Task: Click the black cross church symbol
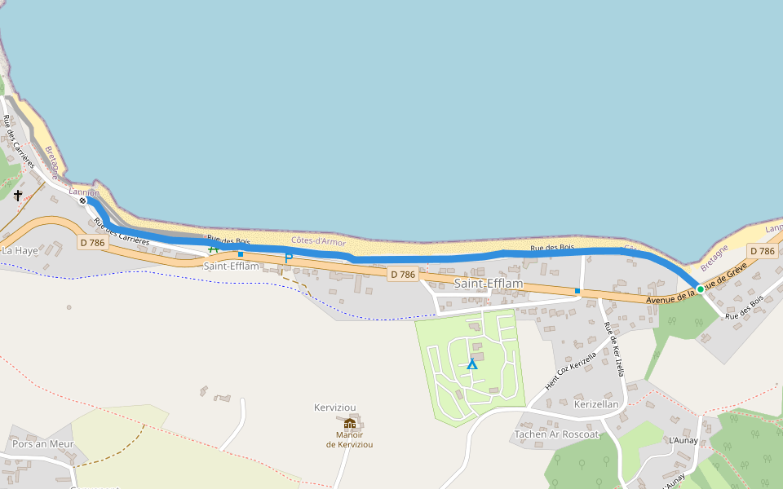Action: coord(18,196)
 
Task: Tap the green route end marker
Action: coord(700,289)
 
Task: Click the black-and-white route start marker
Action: coord(82,200)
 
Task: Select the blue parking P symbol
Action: coord(288,258)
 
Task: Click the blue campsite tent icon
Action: coord(471,363)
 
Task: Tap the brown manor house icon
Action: coord(350,423)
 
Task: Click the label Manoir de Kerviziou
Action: coord(349,439)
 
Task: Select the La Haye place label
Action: coord(20,250)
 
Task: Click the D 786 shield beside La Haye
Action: coord(93,243)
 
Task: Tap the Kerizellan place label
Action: coord(596,404)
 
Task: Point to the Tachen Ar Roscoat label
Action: coord(557,434)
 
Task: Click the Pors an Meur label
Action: coord(42,444)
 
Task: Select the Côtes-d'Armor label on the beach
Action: coord(318,242)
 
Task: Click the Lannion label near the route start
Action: coord(84,192)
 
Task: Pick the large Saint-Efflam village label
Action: coord(488,284)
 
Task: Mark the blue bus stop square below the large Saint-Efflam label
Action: coord(577,290)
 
